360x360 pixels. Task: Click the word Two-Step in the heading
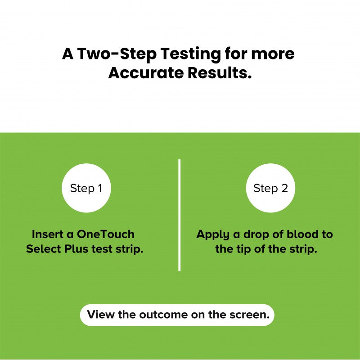[x=117, y=54]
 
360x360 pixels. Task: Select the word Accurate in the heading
[x=146, y=73]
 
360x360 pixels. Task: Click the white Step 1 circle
[x=86, y=188]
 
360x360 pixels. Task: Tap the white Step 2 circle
[x=270, y=188]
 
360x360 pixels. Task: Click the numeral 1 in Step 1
[x=100, y=188]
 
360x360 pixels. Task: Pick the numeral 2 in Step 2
[x=284, y=188]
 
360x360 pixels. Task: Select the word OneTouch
[x=105, y=234]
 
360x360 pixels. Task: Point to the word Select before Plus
[x=44, y=249]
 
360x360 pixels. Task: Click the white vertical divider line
[x=179, y=215]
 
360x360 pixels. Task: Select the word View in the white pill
[x=100, y=314]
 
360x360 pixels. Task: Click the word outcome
[x=164, y=315]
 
